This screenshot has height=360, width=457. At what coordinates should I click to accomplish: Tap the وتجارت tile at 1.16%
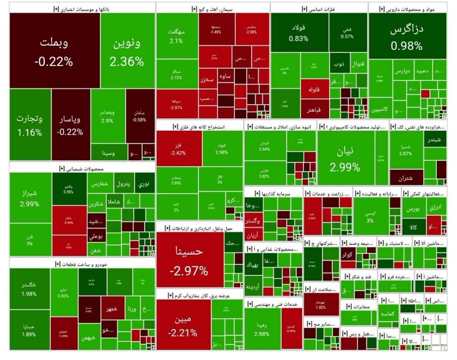click(30, 125)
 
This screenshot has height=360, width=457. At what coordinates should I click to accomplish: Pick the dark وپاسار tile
click(70, 125)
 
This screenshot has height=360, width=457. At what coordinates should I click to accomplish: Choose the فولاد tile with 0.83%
click(299, 33)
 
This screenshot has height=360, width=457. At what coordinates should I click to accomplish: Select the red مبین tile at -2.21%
click(183, 325)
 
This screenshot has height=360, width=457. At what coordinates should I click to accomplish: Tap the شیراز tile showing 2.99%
click(30, 198)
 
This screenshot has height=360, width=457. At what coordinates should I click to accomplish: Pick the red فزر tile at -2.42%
click(178, 149)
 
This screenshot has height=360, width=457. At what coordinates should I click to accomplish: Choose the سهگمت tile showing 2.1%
click(176, 36)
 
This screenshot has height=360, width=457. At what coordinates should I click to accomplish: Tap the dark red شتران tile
click(406, 178)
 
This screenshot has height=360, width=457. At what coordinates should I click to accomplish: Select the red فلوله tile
click(314, 89)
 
